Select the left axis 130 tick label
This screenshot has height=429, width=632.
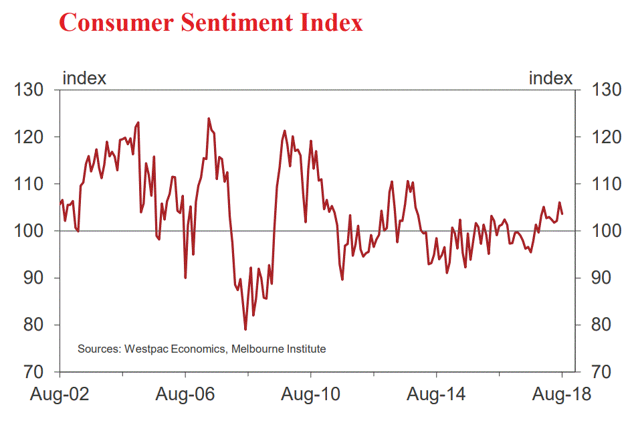click(x=29, y=90)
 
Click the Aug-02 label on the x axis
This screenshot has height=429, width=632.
click(x=60, y=395)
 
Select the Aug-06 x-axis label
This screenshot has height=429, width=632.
click(x=185, y=395)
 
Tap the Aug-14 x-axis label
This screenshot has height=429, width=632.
click(x=436, y=395)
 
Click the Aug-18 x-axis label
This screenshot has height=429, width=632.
click(x=562, y=395)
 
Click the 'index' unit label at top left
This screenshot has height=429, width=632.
click(x=84, y=78)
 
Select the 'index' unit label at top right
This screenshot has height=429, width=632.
click(x=550, y=78)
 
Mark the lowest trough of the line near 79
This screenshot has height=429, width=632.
click(x=245, y=329)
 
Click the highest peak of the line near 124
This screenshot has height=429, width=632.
click(x=209, y=118)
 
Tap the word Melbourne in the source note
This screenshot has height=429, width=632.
click(x=257, y=349)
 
